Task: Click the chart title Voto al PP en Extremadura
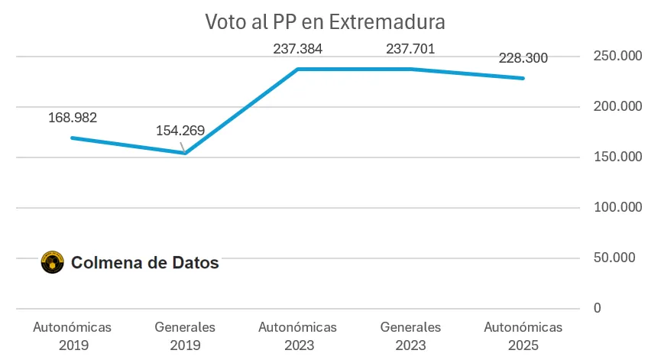pyautogui.click(x=325, y=21)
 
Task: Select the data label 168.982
pyautogui.click(x=73, y=118)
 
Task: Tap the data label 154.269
pyautogui.click(x=180, y=130)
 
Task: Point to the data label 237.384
pyautogui.click(x=298, y=50)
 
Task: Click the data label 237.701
pyautogui.click(x=410, y=50)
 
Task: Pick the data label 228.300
pyautogui.click(x=523, y=58)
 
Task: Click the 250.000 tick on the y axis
pyautogui.click(x=614, y=57)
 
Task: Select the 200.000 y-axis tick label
pyautogui.click(x=614, y=107)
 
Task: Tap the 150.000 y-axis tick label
pyautogui.click(x=614, y=157)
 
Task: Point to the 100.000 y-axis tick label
pyautogui.click(x=614, y=207)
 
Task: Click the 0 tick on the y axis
pyautogui.click(x=597, y=308)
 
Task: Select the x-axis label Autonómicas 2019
pyautogui.click(x=73, y=336)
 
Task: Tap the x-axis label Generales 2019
pyautogui.click(x=185, y=336)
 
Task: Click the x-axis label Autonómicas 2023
pyautogui.click(x=298, y=336)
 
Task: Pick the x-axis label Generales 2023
pyautogui.click(x=410, y=336)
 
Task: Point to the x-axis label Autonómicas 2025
pyautogui.click(x=523, y=336)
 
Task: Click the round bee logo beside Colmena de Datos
pyautogui.click(x=52, y=263)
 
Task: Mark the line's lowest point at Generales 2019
pyautogui.click(x=185, y=153)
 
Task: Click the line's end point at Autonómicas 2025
pyautogui.click(x=523, y=78)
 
